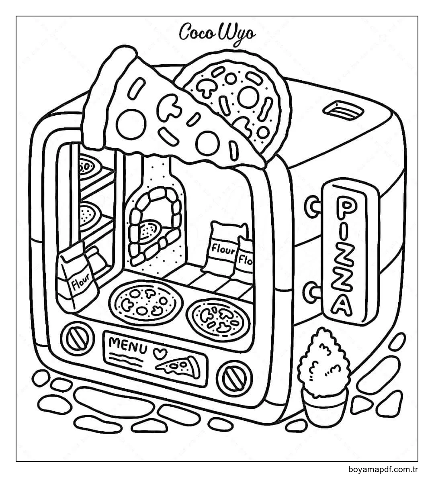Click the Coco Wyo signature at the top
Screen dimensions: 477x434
(217, 33)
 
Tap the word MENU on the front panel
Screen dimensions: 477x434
(128, 345)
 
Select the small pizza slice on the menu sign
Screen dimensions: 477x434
(178, 367)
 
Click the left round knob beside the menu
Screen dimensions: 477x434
(75, 337)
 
